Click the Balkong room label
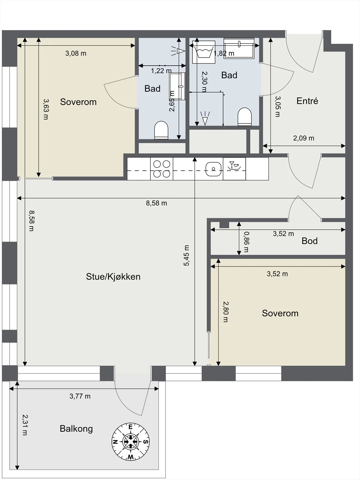[x=76, y=429]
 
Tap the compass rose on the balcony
[x=131, y=442]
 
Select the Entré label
[x=307, y=101]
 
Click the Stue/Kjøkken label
[x=113, y=277]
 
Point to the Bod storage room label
[x=310, y=241]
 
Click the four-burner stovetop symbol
[x=162, y=169]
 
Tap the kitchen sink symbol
[x=213, y=169]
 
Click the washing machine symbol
[x=204, y=52]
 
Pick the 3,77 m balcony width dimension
[x=80, y=396]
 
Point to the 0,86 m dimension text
[x=246, y=242]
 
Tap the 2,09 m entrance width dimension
[x=304, y=138]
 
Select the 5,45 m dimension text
[x=186, y=255]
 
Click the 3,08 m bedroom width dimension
[x=76, y=53]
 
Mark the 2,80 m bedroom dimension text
[x=225, y=312]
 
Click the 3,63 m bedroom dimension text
[x=46, y=109]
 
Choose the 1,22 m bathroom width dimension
[x=161, y=71]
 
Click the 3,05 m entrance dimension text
[x=278, y=107]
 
